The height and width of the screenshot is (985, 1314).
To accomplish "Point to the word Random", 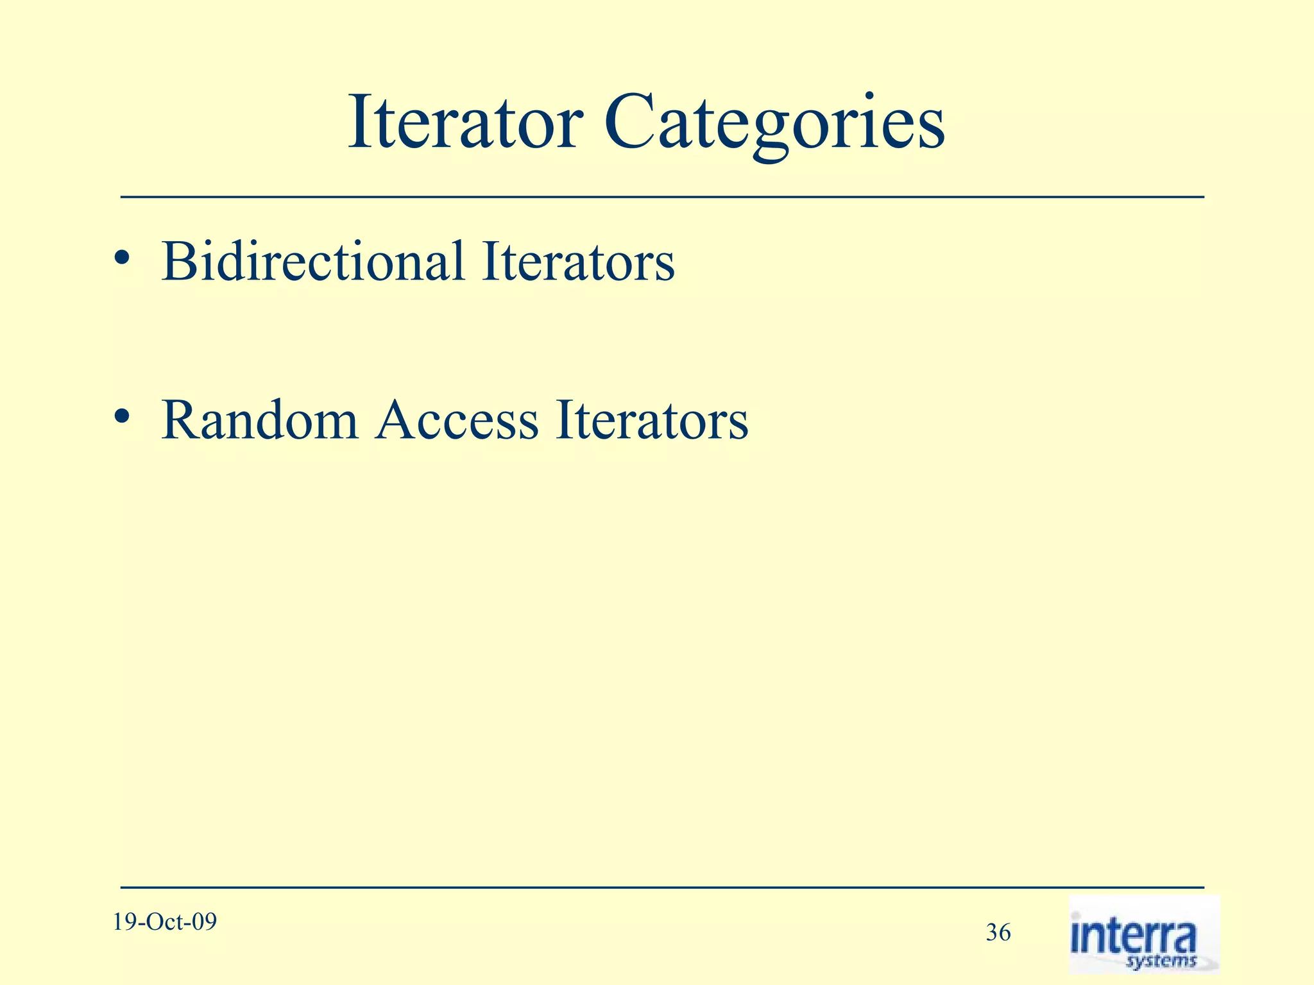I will (259, 420).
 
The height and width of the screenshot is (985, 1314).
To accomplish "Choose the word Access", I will (456, 420).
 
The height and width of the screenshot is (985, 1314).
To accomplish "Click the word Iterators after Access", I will (652, 420).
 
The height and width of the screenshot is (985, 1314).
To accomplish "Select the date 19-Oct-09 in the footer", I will (165, 922).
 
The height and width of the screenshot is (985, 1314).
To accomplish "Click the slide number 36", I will (998, 932).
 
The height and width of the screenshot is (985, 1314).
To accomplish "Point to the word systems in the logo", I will (1162, 961).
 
